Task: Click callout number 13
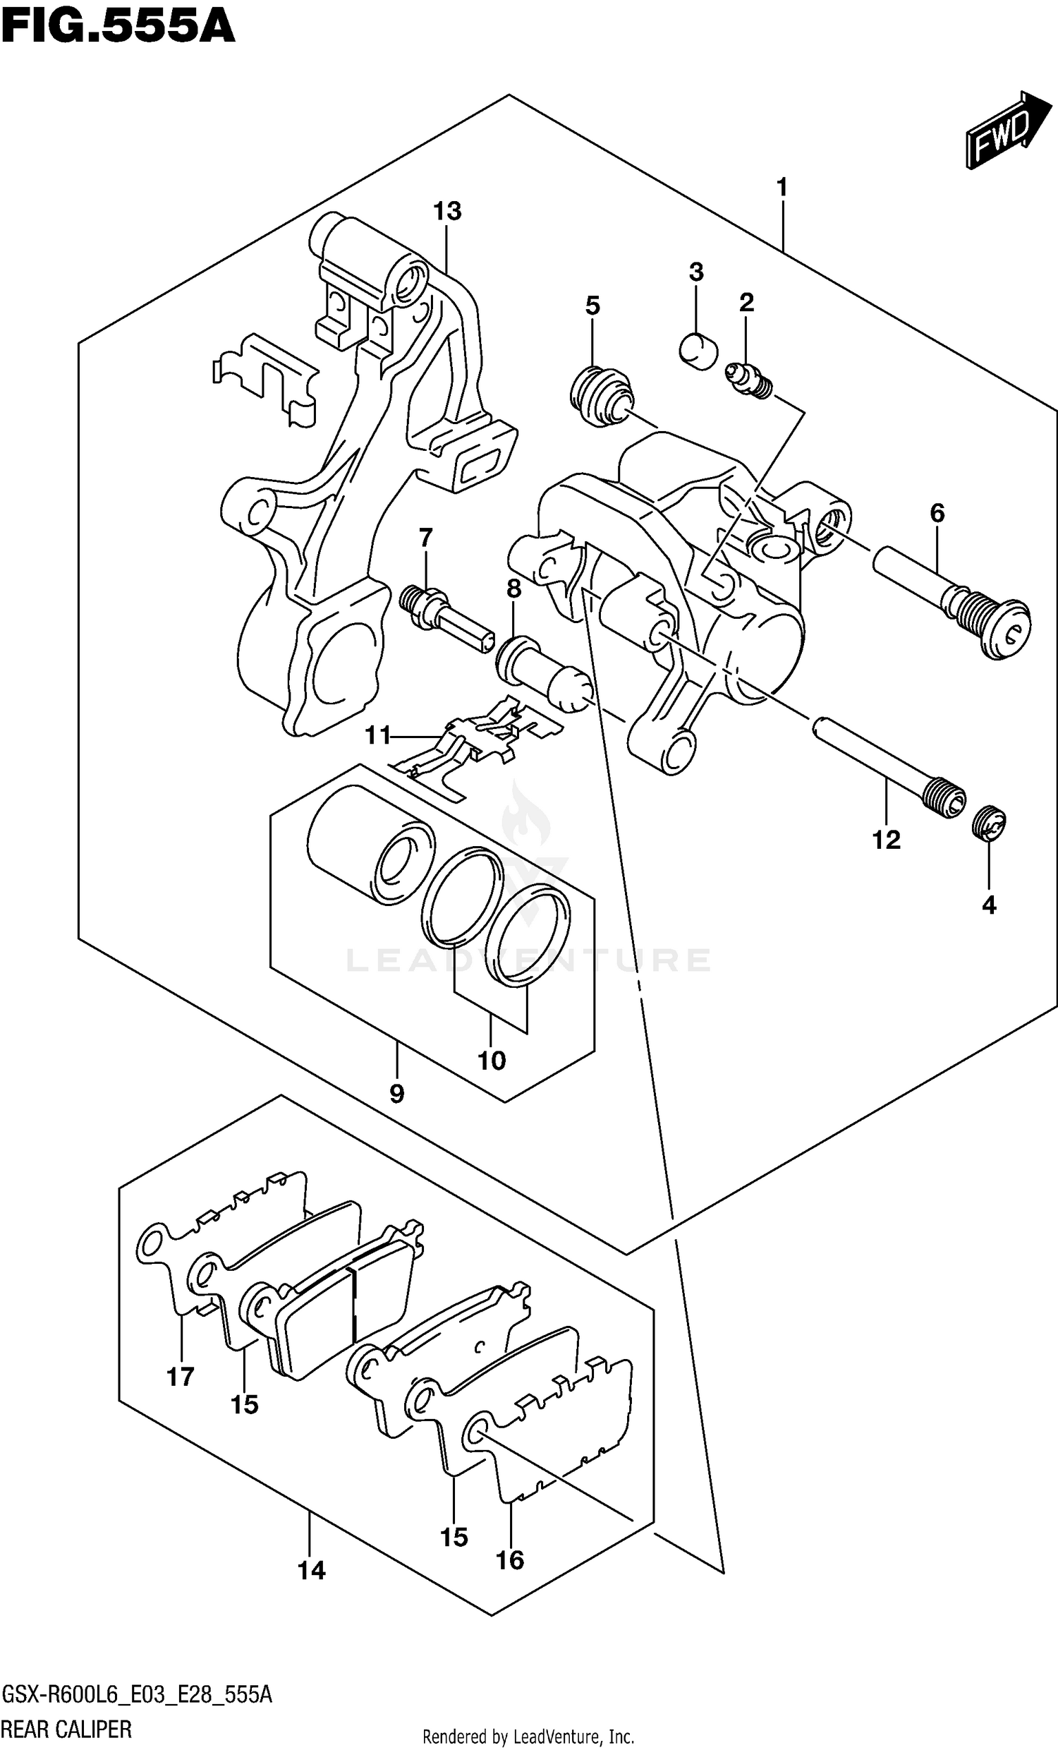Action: point(447,211)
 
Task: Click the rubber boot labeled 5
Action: point(601,397)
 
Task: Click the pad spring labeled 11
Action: point(483,746)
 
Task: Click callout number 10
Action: point(492,1061)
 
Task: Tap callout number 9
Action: point(397,1094)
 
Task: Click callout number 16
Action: point(510,1560)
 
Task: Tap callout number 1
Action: point(782,188)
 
